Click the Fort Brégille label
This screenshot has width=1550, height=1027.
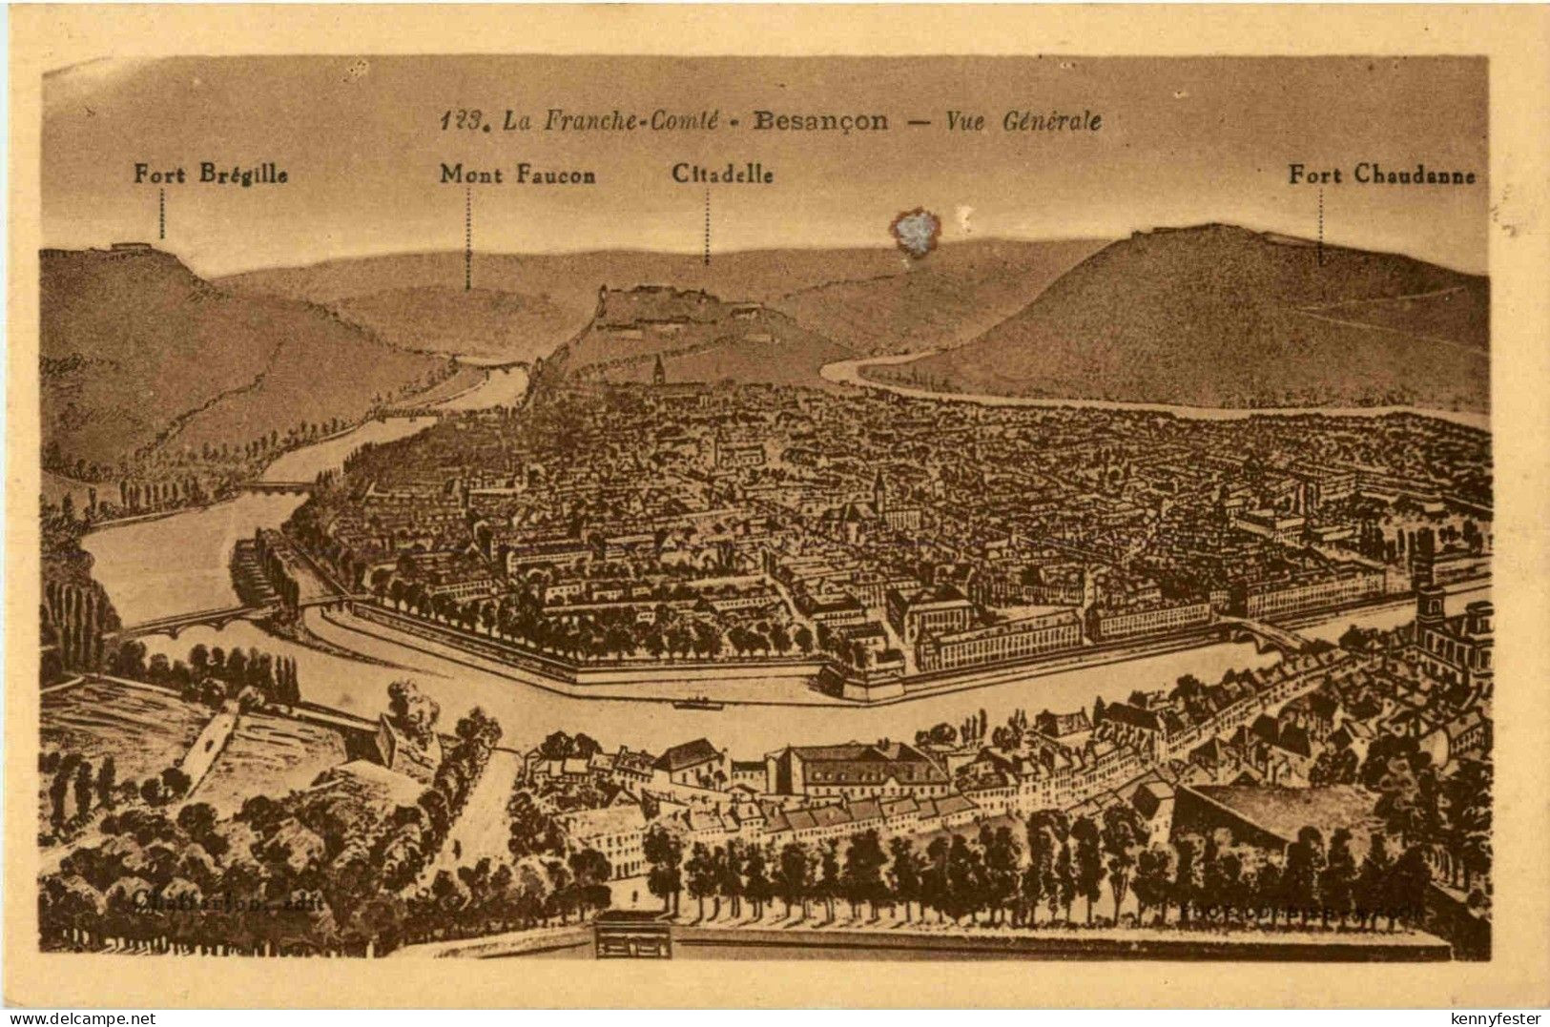[210, 174]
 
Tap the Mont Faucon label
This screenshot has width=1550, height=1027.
[517, 175]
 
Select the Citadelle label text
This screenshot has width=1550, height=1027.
[722, 175]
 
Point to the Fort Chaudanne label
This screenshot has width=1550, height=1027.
[1381, 175]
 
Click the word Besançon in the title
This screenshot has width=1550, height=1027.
[820, 121]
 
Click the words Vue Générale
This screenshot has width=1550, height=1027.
[1023, 122]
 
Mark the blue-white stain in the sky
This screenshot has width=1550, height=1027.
[915, 232]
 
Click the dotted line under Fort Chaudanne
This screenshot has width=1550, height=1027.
[1321, 226]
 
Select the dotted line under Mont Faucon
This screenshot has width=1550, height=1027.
[468, 238]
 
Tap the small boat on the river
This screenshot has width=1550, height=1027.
[696, 705]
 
